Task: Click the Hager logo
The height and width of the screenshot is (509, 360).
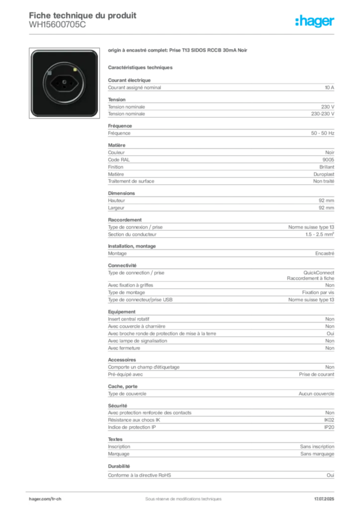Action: [x=315, y=21]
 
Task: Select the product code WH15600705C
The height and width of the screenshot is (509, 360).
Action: [x=58, y=25]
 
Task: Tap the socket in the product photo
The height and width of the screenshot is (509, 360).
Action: [x=64, y=83]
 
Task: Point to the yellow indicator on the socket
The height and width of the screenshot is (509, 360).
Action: [x=75, y=70]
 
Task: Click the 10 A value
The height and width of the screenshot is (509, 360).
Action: [x=329, y=87]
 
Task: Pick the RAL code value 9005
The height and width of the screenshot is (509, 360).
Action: [x=328, y=160]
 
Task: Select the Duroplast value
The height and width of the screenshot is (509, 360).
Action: [x=324, y=174]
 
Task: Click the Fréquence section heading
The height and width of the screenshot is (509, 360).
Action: [x=120, y=126]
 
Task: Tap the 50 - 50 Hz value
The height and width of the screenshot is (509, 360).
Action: [x=322, y=133]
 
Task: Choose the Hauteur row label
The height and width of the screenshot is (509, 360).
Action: [x=116, y=201]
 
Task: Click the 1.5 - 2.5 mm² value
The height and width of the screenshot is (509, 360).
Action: [x=319, y=235]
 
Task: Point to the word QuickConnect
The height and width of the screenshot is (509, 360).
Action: [x=319, y=273]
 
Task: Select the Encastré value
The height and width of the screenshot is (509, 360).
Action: [x=325, y=254]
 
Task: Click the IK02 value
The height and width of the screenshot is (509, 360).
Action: [x=329, y=420]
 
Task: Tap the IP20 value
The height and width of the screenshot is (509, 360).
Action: [x=329, y=427]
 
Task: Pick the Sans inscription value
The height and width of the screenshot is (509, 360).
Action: [x=317, y=447]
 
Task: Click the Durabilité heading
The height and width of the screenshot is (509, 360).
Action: [x=119, y=466]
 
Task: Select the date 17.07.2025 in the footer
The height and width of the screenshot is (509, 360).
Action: [x=324, y=499]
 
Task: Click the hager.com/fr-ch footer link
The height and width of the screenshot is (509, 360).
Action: [x=45, y=499]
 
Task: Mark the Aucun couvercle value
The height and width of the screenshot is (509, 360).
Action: [x=317, y=394]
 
